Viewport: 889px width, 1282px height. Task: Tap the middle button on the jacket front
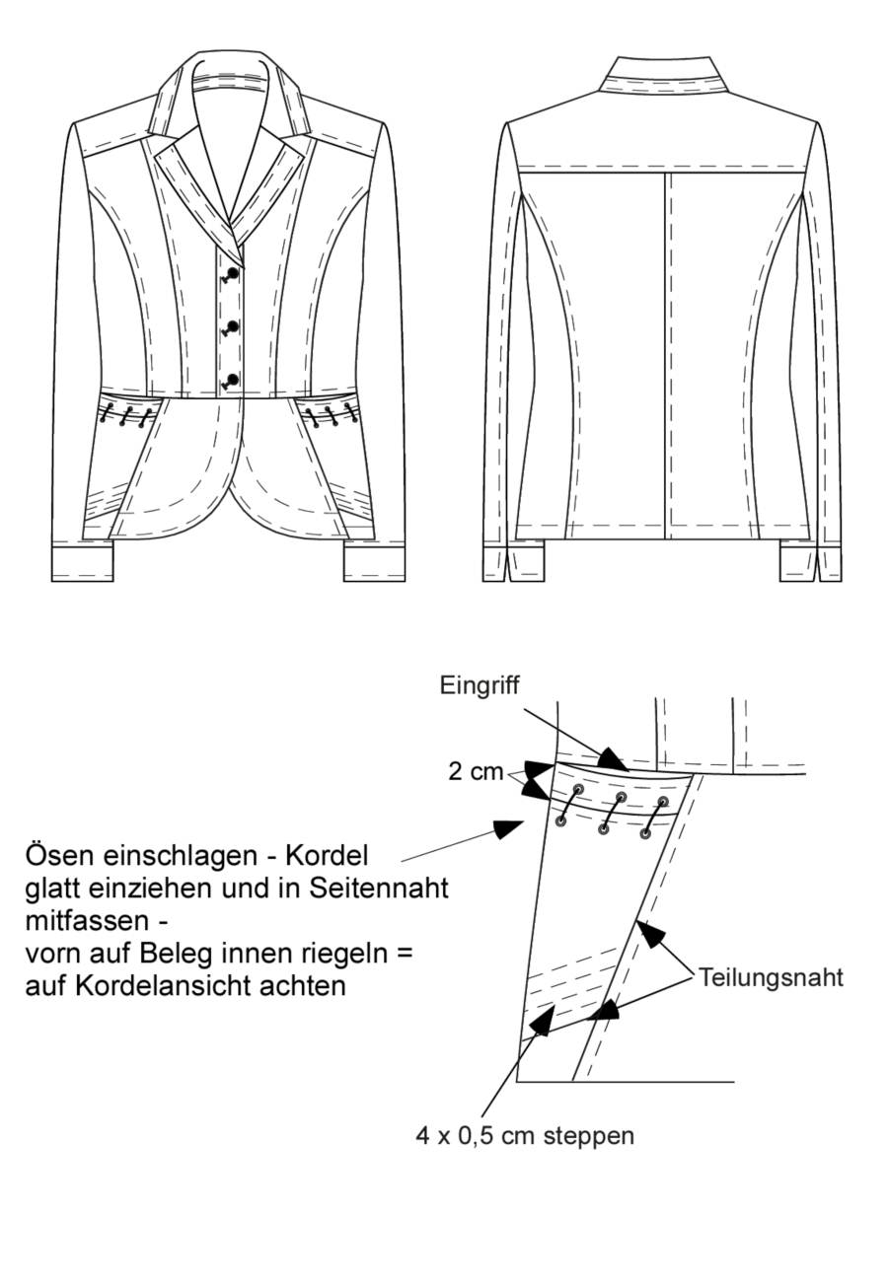coord(233,325)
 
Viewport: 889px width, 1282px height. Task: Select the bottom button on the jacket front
coord(233,379)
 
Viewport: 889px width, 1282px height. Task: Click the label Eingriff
coord(480,685)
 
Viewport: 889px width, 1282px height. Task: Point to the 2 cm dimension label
coord(476,772)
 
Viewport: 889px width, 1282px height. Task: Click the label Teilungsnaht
coord(771,977)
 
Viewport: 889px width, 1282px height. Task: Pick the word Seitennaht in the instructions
coord(379,889)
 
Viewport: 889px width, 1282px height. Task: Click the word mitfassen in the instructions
coord(88,921)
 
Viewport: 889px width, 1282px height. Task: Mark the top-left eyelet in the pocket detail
coord(578,789)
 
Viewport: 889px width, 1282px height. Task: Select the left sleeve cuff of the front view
coord(83,564)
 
